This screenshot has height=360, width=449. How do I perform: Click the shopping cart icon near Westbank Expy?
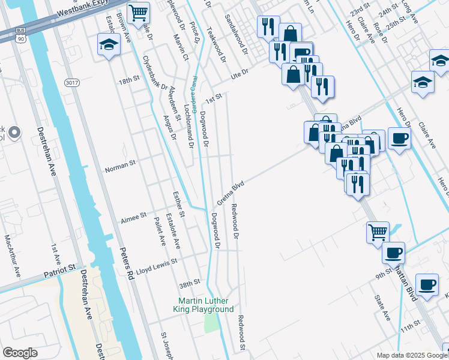pyautogui.click(x=139, y=12)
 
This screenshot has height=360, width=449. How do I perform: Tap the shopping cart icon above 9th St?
pyautogui.click(x=378, y=231)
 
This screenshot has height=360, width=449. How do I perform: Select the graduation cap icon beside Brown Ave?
pyautogui.click(x=109, y=44)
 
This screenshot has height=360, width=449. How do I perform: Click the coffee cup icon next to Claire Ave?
pyautogui.click(x=400, y=139)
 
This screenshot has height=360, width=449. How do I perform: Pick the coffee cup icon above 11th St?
pyautogui.click(x=427, y=284)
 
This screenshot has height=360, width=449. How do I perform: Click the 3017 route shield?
pyautogui.click(x=72, y=82)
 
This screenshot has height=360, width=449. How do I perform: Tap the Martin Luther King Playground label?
pyautogui.click(x=205, y=305)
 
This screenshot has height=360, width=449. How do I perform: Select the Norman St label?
pyautogui.click(x=121, y=161)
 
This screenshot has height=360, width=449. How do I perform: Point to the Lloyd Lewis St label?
pyautogui.click(x=157, y=263)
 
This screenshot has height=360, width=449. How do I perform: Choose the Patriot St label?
pyautogui.click(x=61, y=271)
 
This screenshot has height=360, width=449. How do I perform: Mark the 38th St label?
pyautogui.click(x=189, y=283)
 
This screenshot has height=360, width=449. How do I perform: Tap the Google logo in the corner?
pyautogui.click(x=20, y=353)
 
